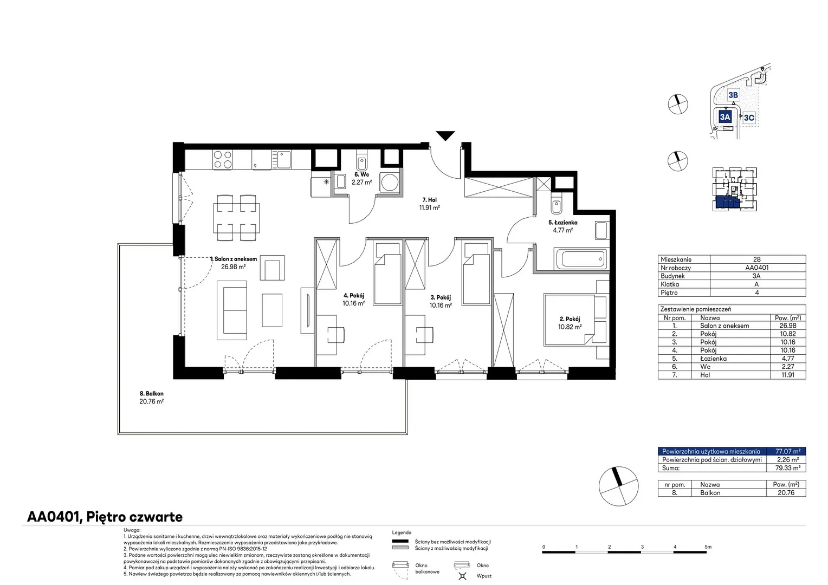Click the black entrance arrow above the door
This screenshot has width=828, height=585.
tap(445, 135)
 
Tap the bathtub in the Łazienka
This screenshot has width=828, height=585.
tap(581, 259)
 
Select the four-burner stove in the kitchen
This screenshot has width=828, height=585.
tap(223, 160)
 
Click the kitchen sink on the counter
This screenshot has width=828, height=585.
tap(281, 160)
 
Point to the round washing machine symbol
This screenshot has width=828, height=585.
tap(390, 183)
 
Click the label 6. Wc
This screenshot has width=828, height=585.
tap(361, 174)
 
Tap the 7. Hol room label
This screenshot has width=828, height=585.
tap(430, 200)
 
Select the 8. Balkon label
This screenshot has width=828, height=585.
tap(152, 394)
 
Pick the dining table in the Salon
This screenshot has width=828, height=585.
tap(236, 218)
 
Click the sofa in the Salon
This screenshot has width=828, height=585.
tap(232, 310)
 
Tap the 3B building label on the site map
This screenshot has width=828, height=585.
tap(733, 95)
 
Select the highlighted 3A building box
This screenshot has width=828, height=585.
tap(725, 117)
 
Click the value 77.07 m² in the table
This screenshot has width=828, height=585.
tap(788, 451)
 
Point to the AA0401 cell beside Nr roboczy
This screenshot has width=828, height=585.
tap(756, 268)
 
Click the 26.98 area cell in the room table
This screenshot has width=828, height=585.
tap(788, 326)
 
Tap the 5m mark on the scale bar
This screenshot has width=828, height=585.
tap(708, 547)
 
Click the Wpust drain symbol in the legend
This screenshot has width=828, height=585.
tap(462, 576)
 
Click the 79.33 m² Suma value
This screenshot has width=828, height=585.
tap(788, 468)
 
